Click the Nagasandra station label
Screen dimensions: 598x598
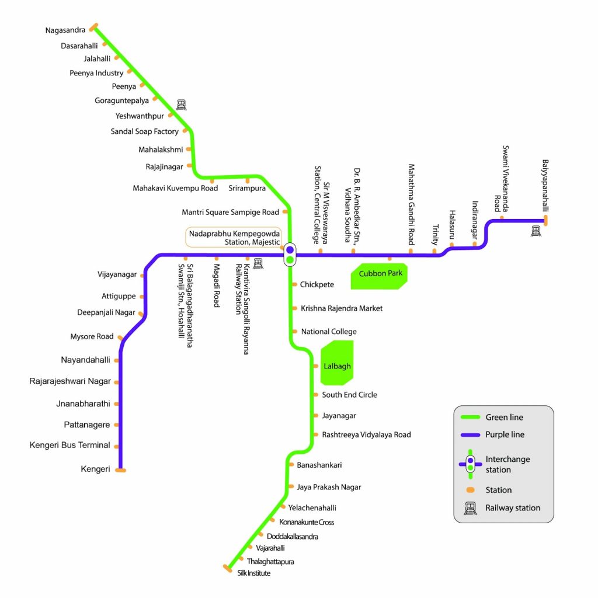[x=65, y=30]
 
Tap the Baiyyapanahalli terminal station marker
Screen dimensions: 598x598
[x=545, y=220]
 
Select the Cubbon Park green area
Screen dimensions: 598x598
[x=378, y=276]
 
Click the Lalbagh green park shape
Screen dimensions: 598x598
[x=337, y=366]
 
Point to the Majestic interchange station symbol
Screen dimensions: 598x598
[x=290, y=255]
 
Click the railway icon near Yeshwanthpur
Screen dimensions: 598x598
[x=182, y=105]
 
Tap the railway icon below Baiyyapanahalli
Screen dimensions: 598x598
[x=536, y=231]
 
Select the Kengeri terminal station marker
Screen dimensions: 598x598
[x=121, y=470]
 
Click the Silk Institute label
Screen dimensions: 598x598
[x=254, y=573]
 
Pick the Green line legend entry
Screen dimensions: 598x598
[x=504, y=417]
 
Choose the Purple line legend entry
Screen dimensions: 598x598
[x=505, y=434]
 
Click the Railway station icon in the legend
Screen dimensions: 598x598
[x=470, y=508]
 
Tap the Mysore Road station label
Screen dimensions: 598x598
[x=92, y=336]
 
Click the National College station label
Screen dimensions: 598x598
[x=328, y=332]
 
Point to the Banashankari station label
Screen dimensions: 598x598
[x=319, y=465]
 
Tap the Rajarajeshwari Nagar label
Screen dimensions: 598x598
[x=70, y=381]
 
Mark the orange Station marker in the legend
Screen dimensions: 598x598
[x=470, y=490]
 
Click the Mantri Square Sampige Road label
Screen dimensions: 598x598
[x=230, y=212]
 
